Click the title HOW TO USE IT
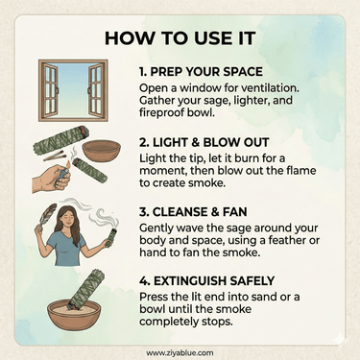(x=180, y=38)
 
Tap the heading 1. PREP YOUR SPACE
(x=201, y=72)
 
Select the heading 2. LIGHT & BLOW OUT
(x=204, y=142)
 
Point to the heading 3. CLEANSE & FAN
(x=193, y=212)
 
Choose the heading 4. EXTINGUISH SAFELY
(x=207, y=281)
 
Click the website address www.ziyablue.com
(x=180, y=353)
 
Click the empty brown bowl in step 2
(x=102, y=151)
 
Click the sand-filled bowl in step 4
(x=74, y=315)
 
